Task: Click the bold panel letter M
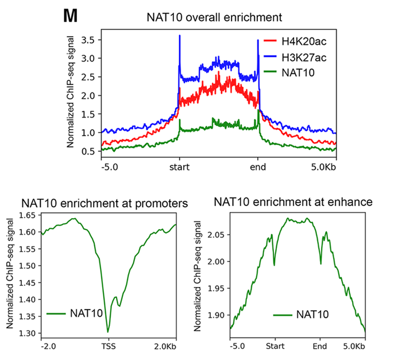pyautogui.click(x=70, y=16)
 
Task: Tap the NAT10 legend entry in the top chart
pyautogui.click(x=287, y=72)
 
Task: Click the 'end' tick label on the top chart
pyautogui.click(x=258, y=169)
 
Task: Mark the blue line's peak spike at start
pyautogui.click(x=180, y=36)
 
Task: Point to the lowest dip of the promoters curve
pyautogui.click(x=107, y=332)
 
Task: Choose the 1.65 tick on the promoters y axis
pyautogui.click(x=28, y=216)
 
